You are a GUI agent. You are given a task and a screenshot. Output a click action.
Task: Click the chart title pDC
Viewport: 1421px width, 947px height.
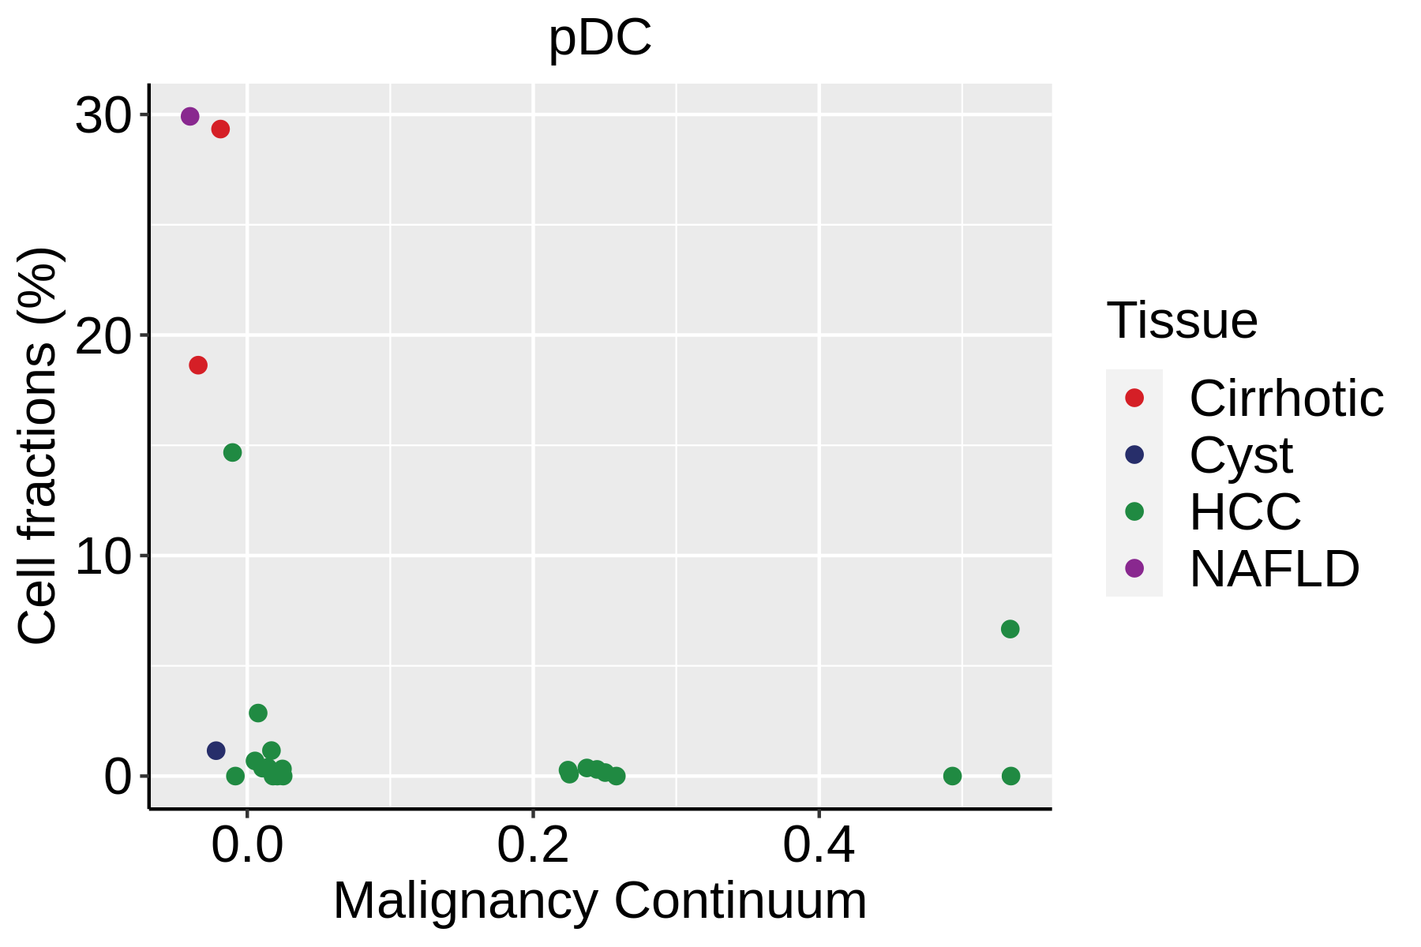[x=600, y=37]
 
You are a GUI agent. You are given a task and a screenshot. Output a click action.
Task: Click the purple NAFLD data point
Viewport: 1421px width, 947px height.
[x=189, y=117]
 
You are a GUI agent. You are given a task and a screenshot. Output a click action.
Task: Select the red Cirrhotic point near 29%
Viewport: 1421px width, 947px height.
[x=220, y=129]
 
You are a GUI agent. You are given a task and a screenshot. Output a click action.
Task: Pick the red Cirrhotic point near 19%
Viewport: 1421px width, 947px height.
[x=198, y=365]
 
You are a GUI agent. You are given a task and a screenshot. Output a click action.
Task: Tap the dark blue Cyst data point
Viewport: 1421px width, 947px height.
[x=216, y=750]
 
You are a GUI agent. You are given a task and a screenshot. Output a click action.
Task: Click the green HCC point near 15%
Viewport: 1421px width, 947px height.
[x=232, y=452]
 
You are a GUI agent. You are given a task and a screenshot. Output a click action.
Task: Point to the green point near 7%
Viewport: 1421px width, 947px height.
[x=1010, y=629]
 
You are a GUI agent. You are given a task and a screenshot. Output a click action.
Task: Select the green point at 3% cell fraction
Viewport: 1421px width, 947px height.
[x=258, y=713]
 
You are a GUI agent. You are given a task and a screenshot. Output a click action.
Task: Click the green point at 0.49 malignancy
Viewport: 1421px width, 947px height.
[x=952, y=776]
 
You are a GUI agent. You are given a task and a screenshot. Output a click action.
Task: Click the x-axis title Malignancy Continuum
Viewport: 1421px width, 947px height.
[x=600, y=901]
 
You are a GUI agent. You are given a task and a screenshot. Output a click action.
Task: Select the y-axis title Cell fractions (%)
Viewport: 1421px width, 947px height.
[x=38, y=446]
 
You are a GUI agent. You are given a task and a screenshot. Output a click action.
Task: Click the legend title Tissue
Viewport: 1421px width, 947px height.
[x=1182, y=320]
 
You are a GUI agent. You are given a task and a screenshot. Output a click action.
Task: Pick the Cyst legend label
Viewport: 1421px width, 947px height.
[x=1241, y=455]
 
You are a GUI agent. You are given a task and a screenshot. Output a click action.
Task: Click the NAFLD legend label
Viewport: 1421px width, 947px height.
[x=1274, y=569]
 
